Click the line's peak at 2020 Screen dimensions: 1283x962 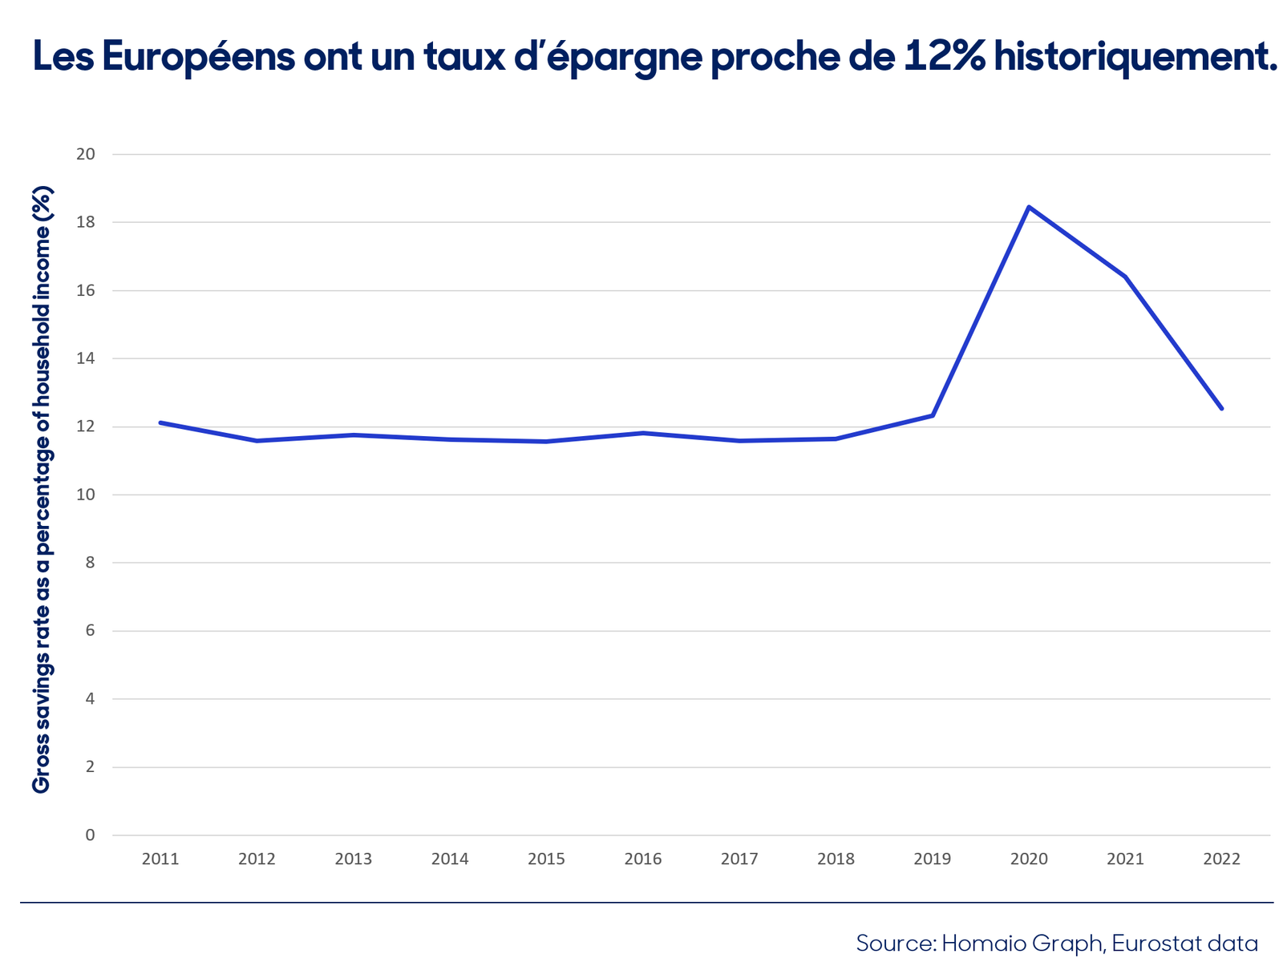pos(1028,207)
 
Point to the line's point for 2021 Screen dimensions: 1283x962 pos(1124,277)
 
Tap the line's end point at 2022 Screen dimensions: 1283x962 pos(1221,408)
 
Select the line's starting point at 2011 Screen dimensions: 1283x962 pos(160,422)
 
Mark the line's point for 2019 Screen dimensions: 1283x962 pos(932,415)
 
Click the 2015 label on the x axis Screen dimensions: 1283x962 pos(546,859)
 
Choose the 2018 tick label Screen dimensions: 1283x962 pos(836,859)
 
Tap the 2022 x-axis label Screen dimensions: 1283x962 pos(1221,859)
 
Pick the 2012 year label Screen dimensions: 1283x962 pos(257,859)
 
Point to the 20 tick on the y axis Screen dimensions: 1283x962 pos(85,154)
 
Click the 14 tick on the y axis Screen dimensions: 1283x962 pos(85,358)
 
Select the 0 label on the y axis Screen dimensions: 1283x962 pos(90,835)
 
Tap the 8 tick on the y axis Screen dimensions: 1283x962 pos(90,563)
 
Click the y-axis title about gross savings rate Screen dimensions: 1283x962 pos(42,490)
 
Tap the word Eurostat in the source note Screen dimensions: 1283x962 pos(1151,943)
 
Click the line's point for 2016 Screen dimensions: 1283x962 pos(642,433)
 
